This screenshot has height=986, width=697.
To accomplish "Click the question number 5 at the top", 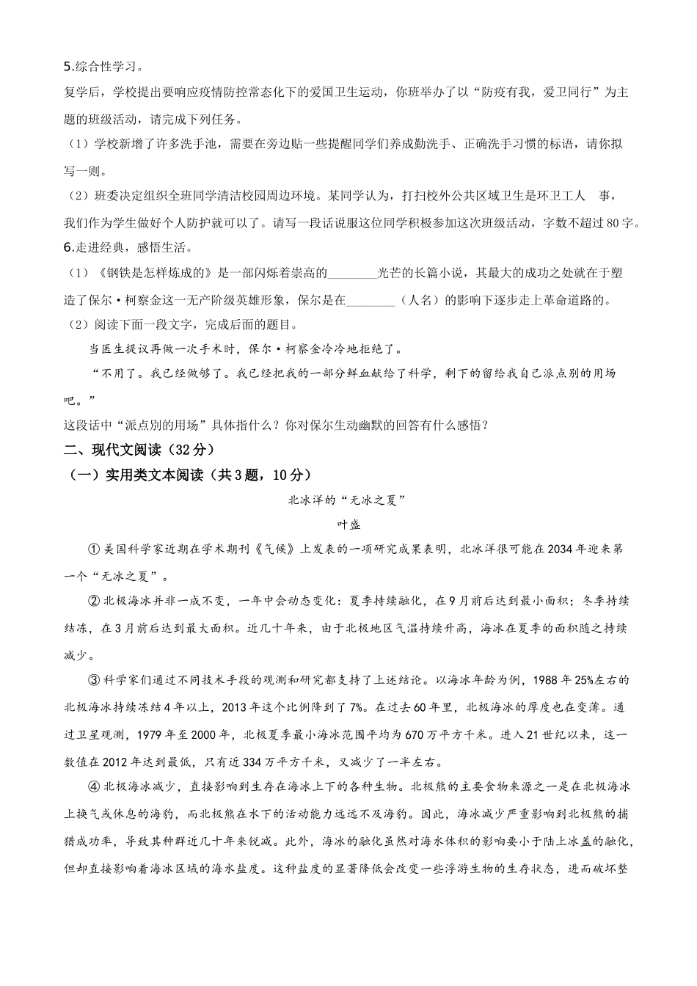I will pyautogui.click(x=68, y=67).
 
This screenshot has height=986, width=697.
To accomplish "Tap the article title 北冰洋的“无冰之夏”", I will pyautogui.click(x=348, y=500).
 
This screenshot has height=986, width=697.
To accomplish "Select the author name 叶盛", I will pyautogui.click(x=348, y=525).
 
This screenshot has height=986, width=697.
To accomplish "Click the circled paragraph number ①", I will pyautogui.click(x=93, y=549).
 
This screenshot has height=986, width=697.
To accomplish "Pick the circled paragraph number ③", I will pyautogui.click(x=93, y=681).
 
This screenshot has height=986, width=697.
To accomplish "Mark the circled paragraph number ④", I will pyautogui.click(x=93, y=787).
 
